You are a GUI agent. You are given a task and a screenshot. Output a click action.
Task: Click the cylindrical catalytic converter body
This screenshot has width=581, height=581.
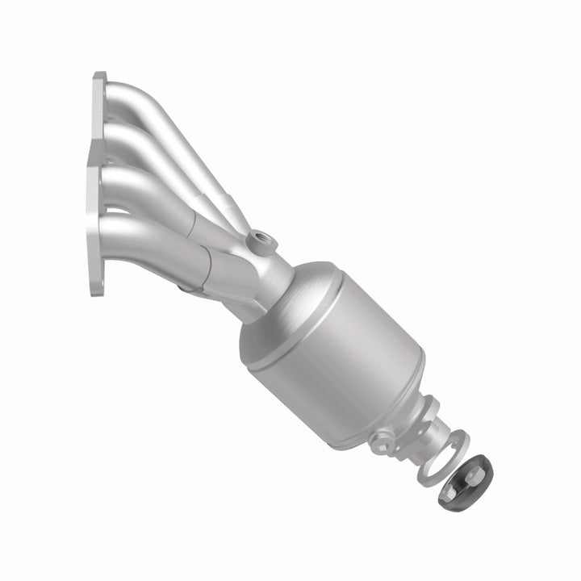tap(347, 355)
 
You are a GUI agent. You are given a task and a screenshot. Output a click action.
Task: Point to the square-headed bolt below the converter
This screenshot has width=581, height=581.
tap(380, 441)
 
